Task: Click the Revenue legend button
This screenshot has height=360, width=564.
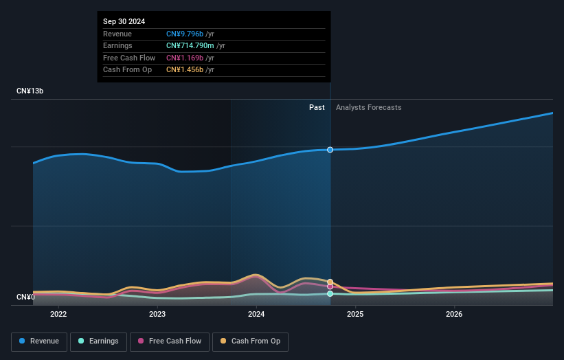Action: click(40, 341)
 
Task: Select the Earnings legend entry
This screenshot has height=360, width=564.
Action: click(99, 341)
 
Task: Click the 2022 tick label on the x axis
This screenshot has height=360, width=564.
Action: click(58, 315)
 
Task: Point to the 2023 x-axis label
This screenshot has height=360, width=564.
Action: click(157, 315)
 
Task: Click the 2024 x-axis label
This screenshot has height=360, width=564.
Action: click(256, 315)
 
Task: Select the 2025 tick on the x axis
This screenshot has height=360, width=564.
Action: click(355, 315)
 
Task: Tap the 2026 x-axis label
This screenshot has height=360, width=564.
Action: click(454, 315)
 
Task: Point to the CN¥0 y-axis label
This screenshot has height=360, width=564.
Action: click(25, 297)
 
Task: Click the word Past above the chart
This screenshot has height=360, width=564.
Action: click(317, 107)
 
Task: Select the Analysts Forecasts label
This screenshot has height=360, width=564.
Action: click(368, 107)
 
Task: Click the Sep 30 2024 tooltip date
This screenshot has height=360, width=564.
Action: click(124, 22)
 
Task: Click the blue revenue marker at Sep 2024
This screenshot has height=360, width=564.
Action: click(330, 150)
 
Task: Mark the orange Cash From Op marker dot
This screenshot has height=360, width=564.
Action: click(330, 282)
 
